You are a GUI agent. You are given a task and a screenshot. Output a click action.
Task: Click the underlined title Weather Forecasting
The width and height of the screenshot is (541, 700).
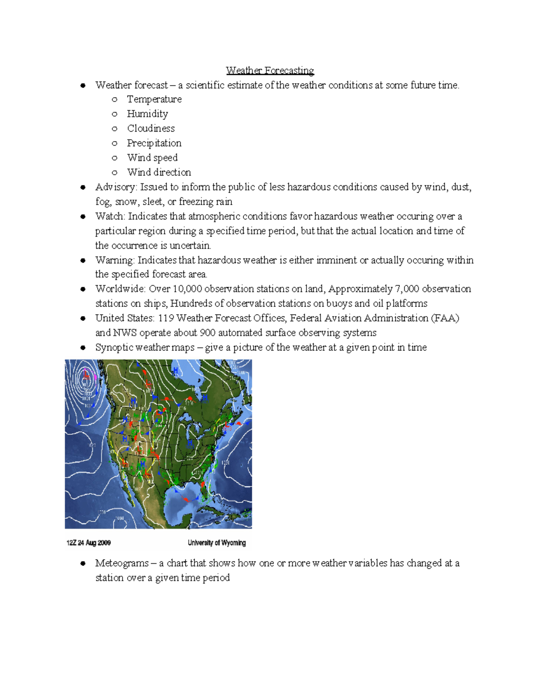tap(270, 70)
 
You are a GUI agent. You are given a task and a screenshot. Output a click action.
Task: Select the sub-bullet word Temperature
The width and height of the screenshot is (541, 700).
tap(154, 99)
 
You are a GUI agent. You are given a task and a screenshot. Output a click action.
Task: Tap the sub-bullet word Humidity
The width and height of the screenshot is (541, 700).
tap(147, 114)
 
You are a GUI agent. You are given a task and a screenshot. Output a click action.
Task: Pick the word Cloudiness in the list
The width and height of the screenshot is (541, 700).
tap(151, 128)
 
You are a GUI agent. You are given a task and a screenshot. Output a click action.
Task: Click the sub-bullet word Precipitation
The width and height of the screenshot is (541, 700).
tap(154, 143)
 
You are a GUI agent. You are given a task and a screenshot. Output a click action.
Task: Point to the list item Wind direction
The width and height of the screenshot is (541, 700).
tap(159, 172)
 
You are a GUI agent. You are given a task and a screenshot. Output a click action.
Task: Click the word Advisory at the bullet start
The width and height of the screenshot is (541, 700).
tap(115, 187)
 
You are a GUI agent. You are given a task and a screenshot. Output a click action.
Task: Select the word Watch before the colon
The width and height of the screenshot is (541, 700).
tap(109, 216)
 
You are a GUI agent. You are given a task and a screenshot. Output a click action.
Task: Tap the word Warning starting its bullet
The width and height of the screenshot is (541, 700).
tap(114, 260)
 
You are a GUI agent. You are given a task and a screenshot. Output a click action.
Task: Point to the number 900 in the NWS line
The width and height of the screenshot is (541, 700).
tap(207, 333)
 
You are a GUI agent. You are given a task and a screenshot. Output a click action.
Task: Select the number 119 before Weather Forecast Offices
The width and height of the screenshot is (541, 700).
tap(166, 318)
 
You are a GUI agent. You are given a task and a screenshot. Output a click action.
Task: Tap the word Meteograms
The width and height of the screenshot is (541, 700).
tap(122, 563)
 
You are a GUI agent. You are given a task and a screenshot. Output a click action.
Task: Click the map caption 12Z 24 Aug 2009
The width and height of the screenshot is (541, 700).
tap(88, 543)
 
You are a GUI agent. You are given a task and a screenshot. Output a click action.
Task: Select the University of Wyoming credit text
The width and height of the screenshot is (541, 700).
tap(217, 543)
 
